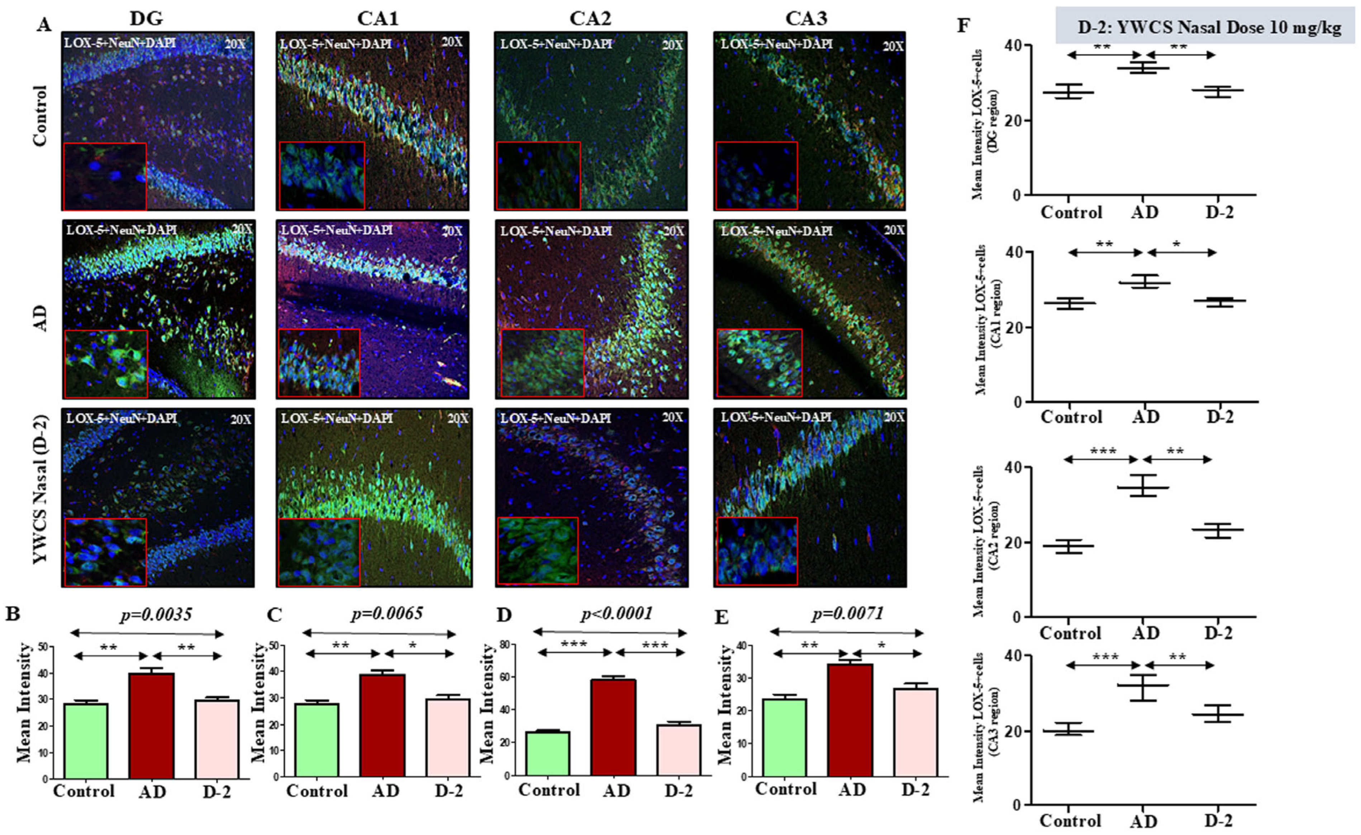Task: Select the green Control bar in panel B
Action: coord(86,741)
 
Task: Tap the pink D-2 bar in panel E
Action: coord(915,732)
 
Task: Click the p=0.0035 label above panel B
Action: coord(156,614)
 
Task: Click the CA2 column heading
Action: coord(590,18)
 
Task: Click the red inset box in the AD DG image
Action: coord(105,364)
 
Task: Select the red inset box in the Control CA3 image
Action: coord(756,176)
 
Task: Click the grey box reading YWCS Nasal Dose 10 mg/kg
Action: coord(1208,26)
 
